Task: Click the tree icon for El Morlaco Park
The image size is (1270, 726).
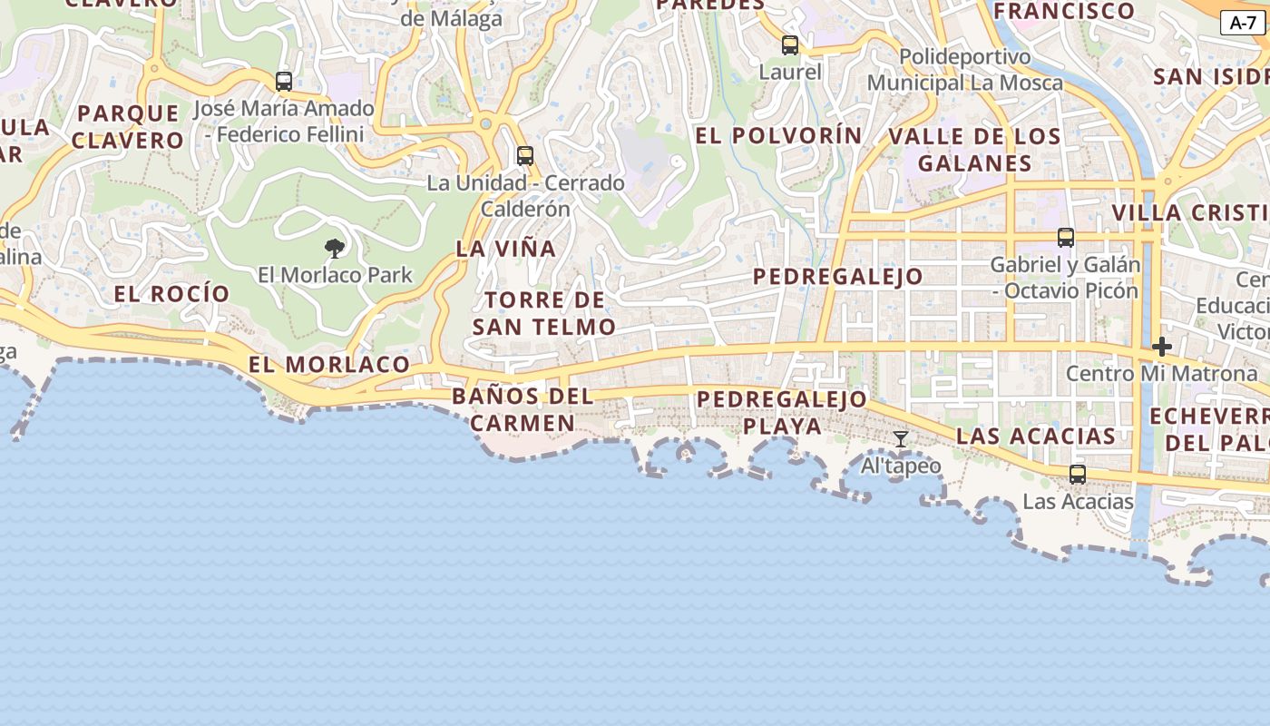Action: pos(335,248)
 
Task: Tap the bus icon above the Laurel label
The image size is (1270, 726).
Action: pos(790,45)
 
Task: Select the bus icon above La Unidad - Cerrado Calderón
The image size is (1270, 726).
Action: pos(525,156)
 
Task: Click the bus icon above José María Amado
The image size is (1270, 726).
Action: pos(284,82)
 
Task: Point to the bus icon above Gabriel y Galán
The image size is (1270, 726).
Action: pos(1066,238)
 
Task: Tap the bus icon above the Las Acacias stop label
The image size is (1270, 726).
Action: pos(1078,475)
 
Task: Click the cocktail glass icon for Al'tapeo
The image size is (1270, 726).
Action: pos(901,439)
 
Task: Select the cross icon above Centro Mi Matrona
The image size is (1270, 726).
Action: pos(1162,347)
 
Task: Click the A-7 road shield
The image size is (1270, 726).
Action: pos(1242,24)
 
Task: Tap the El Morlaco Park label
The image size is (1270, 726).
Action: pos(335,275)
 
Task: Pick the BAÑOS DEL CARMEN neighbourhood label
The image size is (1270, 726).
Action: pos(523,409)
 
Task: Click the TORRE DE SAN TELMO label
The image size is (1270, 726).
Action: pos(544,313)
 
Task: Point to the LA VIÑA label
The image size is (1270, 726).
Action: pos(505,249)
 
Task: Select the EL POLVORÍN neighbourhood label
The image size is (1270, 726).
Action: pos(778,136)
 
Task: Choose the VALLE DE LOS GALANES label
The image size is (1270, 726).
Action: pos(974,150)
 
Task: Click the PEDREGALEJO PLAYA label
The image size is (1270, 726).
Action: pos(782,412)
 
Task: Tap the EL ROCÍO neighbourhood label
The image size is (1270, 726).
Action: pos(172,294)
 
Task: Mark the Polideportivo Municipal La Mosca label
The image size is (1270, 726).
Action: pos(965,70)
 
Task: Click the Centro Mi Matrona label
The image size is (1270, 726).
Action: pos(1162,373)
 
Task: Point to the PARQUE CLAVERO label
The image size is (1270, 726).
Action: pos(128,127)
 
